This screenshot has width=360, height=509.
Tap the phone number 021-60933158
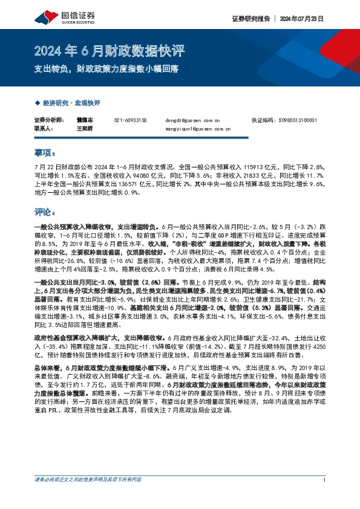click(x=131, y=120)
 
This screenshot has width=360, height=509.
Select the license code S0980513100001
click(x=301, y=120)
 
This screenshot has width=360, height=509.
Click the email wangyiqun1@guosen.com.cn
click(x=197, y=129)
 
